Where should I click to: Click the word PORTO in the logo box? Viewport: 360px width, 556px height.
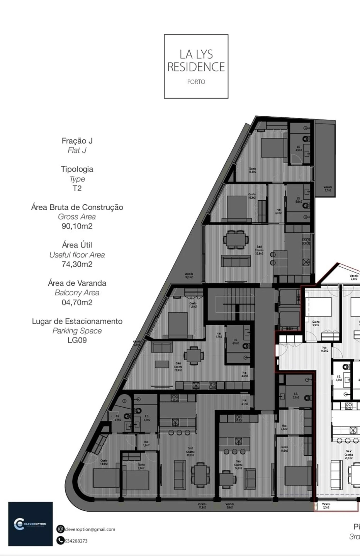pyautogui.click(x=196, y=82)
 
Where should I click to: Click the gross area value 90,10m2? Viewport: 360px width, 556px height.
pyautogui.click(x=77, y=226)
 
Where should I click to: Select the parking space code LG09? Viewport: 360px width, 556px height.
pyautogui.click(x=77, y=340)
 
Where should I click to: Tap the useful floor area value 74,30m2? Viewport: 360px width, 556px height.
pyautogui.click(x=77, y=264)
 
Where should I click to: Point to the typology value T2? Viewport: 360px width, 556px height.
pyautogui.click(x=77, y=188)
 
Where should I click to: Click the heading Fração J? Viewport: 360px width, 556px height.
pyautogui.click(x=77, y=141)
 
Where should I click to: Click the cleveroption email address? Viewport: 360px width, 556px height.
pyautogui.click(x=90, y=529)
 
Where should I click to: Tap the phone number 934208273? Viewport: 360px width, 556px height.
pyautogui.click(x=76, y=541)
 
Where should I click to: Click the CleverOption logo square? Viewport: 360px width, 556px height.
pyautogui.click(x=30, y=524)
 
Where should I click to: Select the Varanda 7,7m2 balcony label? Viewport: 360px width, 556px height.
pyautogui.click(x=328, y=189)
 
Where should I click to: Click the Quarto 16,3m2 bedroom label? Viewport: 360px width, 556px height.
pyautogui.click(x=252, y=170)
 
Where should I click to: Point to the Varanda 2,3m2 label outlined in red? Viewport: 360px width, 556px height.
pyautogui.click(x=326, y=506)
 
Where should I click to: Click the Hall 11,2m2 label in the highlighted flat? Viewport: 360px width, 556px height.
pyautogui.click(x=324, y=349)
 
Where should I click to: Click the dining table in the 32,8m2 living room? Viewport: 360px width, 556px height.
pyautogui.click(x=236, y=239)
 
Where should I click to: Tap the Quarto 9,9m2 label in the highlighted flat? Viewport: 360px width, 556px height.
pyautogui.click(x=316, y=323)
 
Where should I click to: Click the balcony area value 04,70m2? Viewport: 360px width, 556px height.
pyautogui.click(x=77, y=302)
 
